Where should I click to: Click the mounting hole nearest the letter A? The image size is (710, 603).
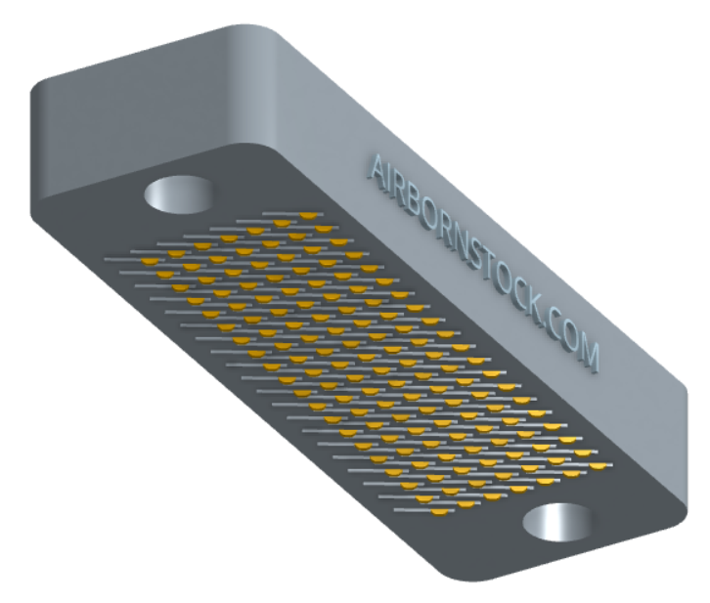click(x=178, y=194)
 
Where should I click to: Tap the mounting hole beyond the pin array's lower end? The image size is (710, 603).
click(x=557, y=523)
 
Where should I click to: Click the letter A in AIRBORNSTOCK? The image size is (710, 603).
click(x=377, y=170)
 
